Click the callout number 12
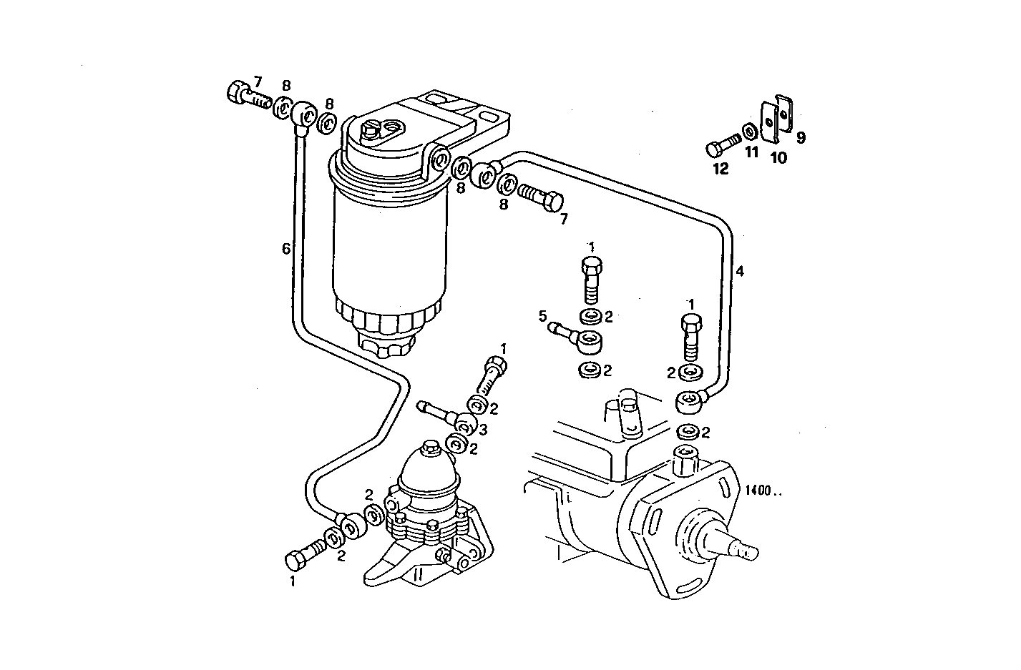pyautogui.click(x=720, y=169)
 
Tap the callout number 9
pyautogui.click(x=800, y=137)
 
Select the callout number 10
pyautogui.click(x=778, y=157)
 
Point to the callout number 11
pyautogui.click(x=751, y=152)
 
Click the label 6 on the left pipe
pyautogui.click(x=286, y=248)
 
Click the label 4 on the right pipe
pyautogui.click(x=740, y=271)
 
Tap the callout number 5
pyautogui.click(x=542, y=315)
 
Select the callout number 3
pyautogui.click(x=483, y=429)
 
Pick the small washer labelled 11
pyautogui.click(x=750, y=132)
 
